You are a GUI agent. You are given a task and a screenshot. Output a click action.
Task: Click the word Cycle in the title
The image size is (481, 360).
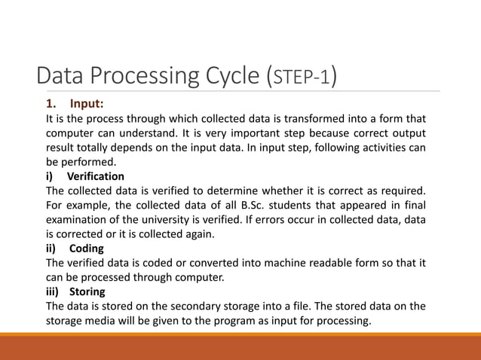click(x=226, y=77)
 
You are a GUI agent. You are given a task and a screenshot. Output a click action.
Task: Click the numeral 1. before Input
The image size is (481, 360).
click(x=52, y=104)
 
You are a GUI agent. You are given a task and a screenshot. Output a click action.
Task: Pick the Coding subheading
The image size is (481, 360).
click(x=86, y=248)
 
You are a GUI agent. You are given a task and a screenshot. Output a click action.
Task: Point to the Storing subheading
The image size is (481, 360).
click(x=87, y=291)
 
